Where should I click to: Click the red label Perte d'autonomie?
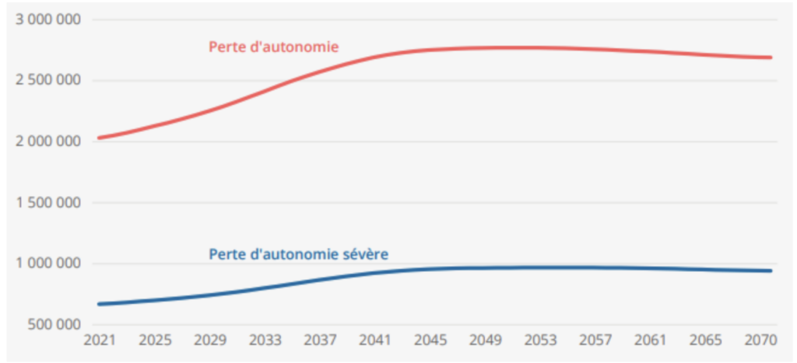tap(273, 47)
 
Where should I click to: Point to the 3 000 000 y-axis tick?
tap(48, 19)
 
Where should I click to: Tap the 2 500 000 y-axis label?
tap(48, 81)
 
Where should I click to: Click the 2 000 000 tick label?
tap(48, 141)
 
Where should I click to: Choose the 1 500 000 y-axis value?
tap(48, 203)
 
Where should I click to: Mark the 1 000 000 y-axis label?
tap(48, 264)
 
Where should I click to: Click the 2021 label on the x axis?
tap(100, 340)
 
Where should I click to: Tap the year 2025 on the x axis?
tap(155, 340)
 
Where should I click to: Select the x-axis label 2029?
tap(210, 340)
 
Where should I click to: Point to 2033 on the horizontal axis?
tap(265, 340)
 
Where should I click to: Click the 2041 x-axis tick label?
tap(376, 340)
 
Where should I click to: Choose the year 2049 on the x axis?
tap(486, 340)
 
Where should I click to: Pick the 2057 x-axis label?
tap(597, 340)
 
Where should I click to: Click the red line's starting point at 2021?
tap(100, 138)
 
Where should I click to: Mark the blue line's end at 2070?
tap(771, 271)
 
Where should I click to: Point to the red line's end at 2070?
tap(771, 58)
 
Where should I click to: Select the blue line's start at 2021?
tap(100, 304)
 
